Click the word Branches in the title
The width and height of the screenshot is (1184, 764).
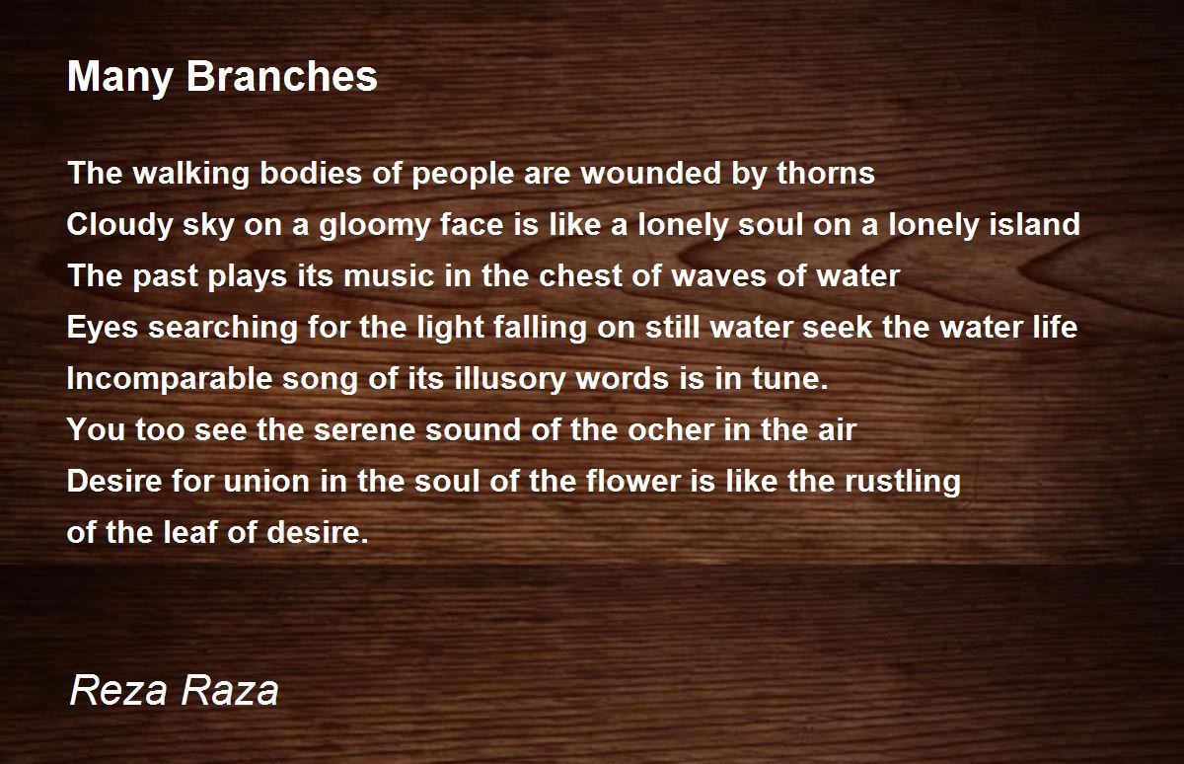pos(282,76)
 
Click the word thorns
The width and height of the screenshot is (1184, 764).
pos(826,173)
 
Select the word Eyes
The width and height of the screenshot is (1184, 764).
pos(103,328)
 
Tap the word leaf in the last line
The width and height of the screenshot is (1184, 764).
pos(190,532)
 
